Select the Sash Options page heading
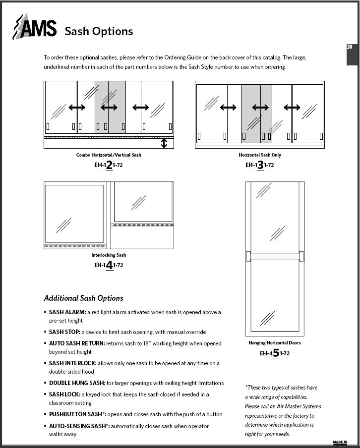99,31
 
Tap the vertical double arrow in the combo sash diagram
164,143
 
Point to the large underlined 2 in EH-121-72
109,165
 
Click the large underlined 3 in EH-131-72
260,165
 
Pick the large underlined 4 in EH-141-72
109,265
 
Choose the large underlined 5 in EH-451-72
276,353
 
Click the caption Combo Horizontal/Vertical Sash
109,155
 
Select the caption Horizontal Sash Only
260,155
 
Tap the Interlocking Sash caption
109,255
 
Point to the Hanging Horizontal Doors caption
275,343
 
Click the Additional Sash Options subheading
83,298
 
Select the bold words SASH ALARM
67,312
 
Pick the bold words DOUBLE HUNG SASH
77,383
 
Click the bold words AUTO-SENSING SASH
77,426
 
